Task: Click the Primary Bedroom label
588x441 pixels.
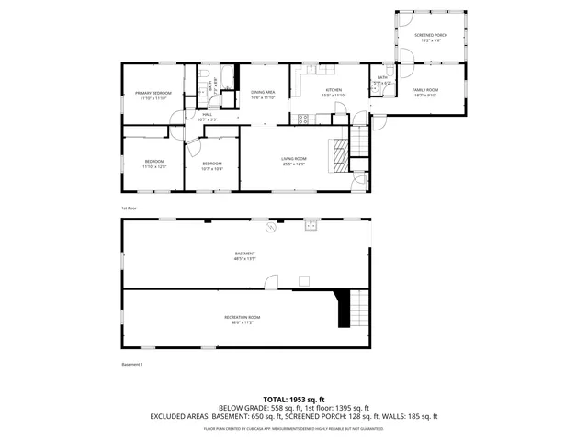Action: tap(153, 93)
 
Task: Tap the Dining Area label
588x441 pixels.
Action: tap(264, 92)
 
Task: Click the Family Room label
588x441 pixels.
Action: tap(425, 89)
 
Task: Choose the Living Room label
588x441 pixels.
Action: tap(294, 158)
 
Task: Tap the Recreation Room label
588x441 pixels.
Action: tap(243, 317)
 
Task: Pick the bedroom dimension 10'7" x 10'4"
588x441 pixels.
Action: tap(212, 168)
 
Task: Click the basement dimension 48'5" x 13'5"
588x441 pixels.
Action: tap(244, 259)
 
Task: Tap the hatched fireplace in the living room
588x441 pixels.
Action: tap(341, 155)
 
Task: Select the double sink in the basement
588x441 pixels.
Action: tap(311, 225)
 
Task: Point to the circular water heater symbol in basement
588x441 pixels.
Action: tap(270, 227)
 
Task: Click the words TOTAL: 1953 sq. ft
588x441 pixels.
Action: tap(294, 400)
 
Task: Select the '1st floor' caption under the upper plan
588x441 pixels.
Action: tap(130, 208)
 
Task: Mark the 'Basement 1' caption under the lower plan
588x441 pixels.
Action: tap(133, 364)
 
